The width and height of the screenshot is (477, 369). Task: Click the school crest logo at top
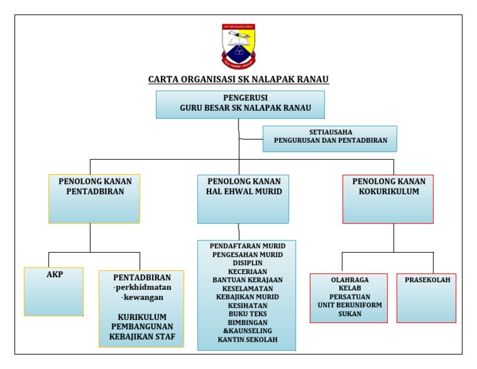[238, 45]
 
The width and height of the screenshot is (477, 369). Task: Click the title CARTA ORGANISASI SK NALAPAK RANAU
[238, 80]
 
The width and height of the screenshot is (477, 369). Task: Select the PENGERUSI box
[240, 104]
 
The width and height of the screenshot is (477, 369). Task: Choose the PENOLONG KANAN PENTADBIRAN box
[94, 198]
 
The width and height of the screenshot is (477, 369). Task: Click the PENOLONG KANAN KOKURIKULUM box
[388, 198]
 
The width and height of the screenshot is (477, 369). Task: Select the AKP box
[54, 291]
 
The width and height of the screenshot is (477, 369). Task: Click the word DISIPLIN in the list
[247, 263]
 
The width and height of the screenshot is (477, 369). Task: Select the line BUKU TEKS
[247, 314]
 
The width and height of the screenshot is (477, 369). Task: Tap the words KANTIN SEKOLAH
[247, 340]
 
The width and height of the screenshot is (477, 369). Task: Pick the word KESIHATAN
[247, 306]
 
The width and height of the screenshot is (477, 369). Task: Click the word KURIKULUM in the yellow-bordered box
[142, 317]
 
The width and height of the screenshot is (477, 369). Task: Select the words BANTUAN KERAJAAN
[247, 280]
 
